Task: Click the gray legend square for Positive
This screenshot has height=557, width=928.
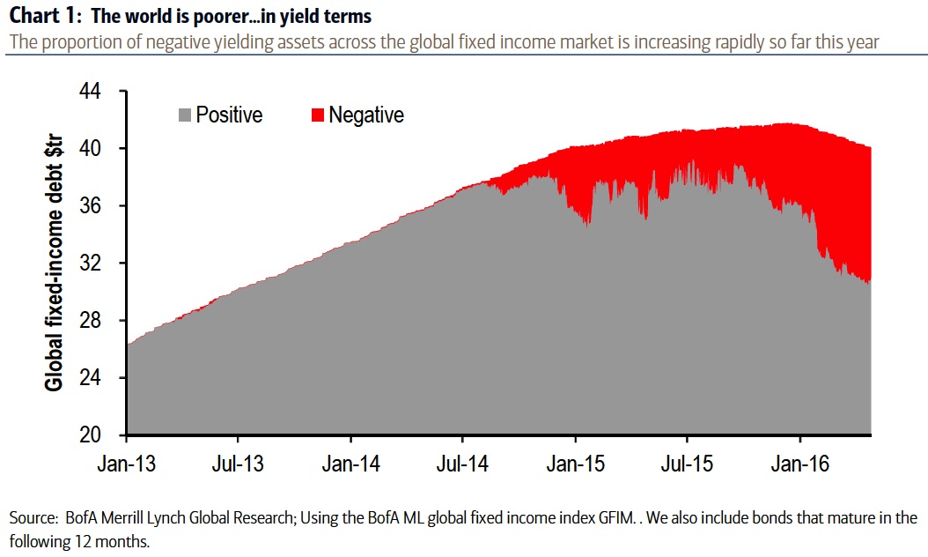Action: pos(185,115)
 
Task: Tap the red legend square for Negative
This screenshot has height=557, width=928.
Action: pos(318,115)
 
